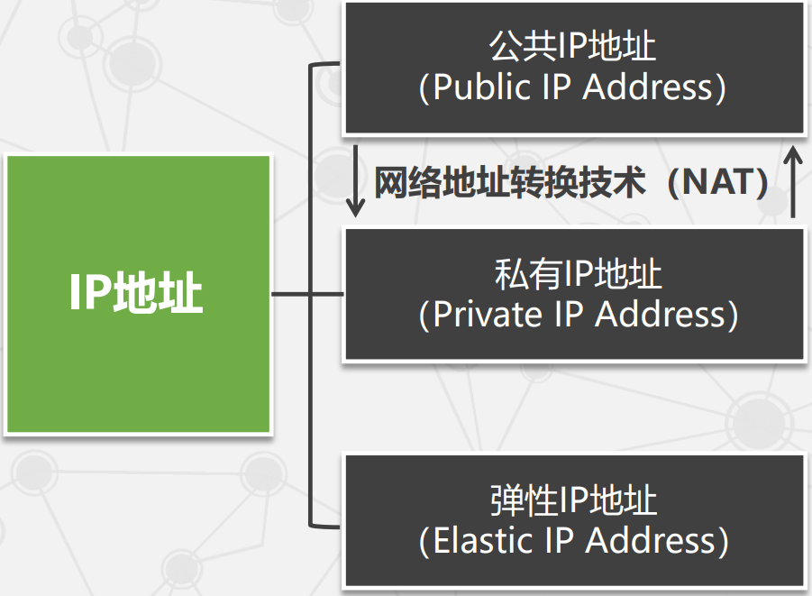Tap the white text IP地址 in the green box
[x=138, y=294]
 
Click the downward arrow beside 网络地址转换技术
[x=356, y=182]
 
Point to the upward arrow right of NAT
[x=792, y=182]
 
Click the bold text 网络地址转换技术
[x=509, y=183]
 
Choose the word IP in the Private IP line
[x=567, y=315]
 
